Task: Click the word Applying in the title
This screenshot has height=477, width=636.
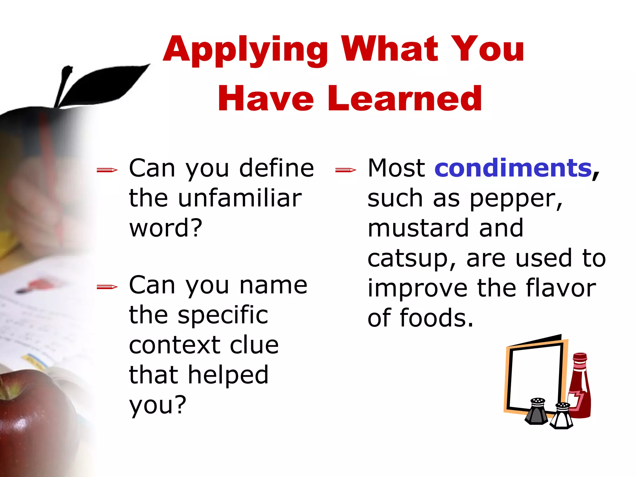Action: click(245, 50)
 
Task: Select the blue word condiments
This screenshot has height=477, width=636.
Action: click(513, 168)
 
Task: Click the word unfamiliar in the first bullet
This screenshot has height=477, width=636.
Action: click(240, 198)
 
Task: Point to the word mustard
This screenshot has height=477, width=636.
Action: click(418, 228)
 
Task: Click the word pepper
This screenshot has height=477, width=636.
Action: click(515, 199)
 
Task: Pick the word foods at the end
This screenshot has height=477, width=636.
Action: click(436, 318)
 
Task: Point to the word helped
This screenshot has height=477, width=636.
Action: click(228, 375)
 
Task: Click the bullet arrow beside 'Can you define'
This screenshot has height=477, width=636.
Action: click(107, 170)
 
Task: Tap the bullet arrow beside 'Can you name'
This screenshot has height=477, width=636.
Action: click(107, 287)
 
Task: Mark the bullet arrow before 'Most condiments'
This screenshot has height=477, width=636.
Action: click(346, 170)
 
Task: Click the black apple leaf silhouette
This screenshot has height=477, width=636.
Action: click(102, 84)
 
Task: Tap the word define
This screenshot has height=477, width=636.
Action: click(277, 168)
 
